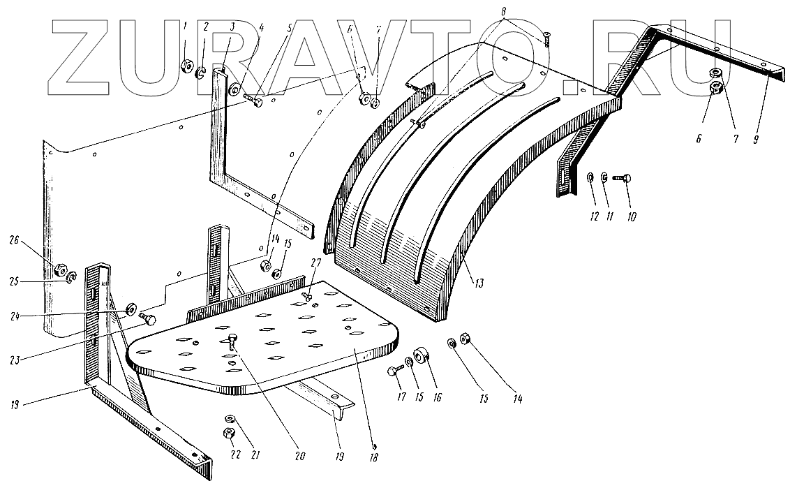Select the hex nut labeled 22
(228, 434)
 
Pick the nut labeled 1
(186, 66)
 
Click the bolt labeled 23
(148, 319)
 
